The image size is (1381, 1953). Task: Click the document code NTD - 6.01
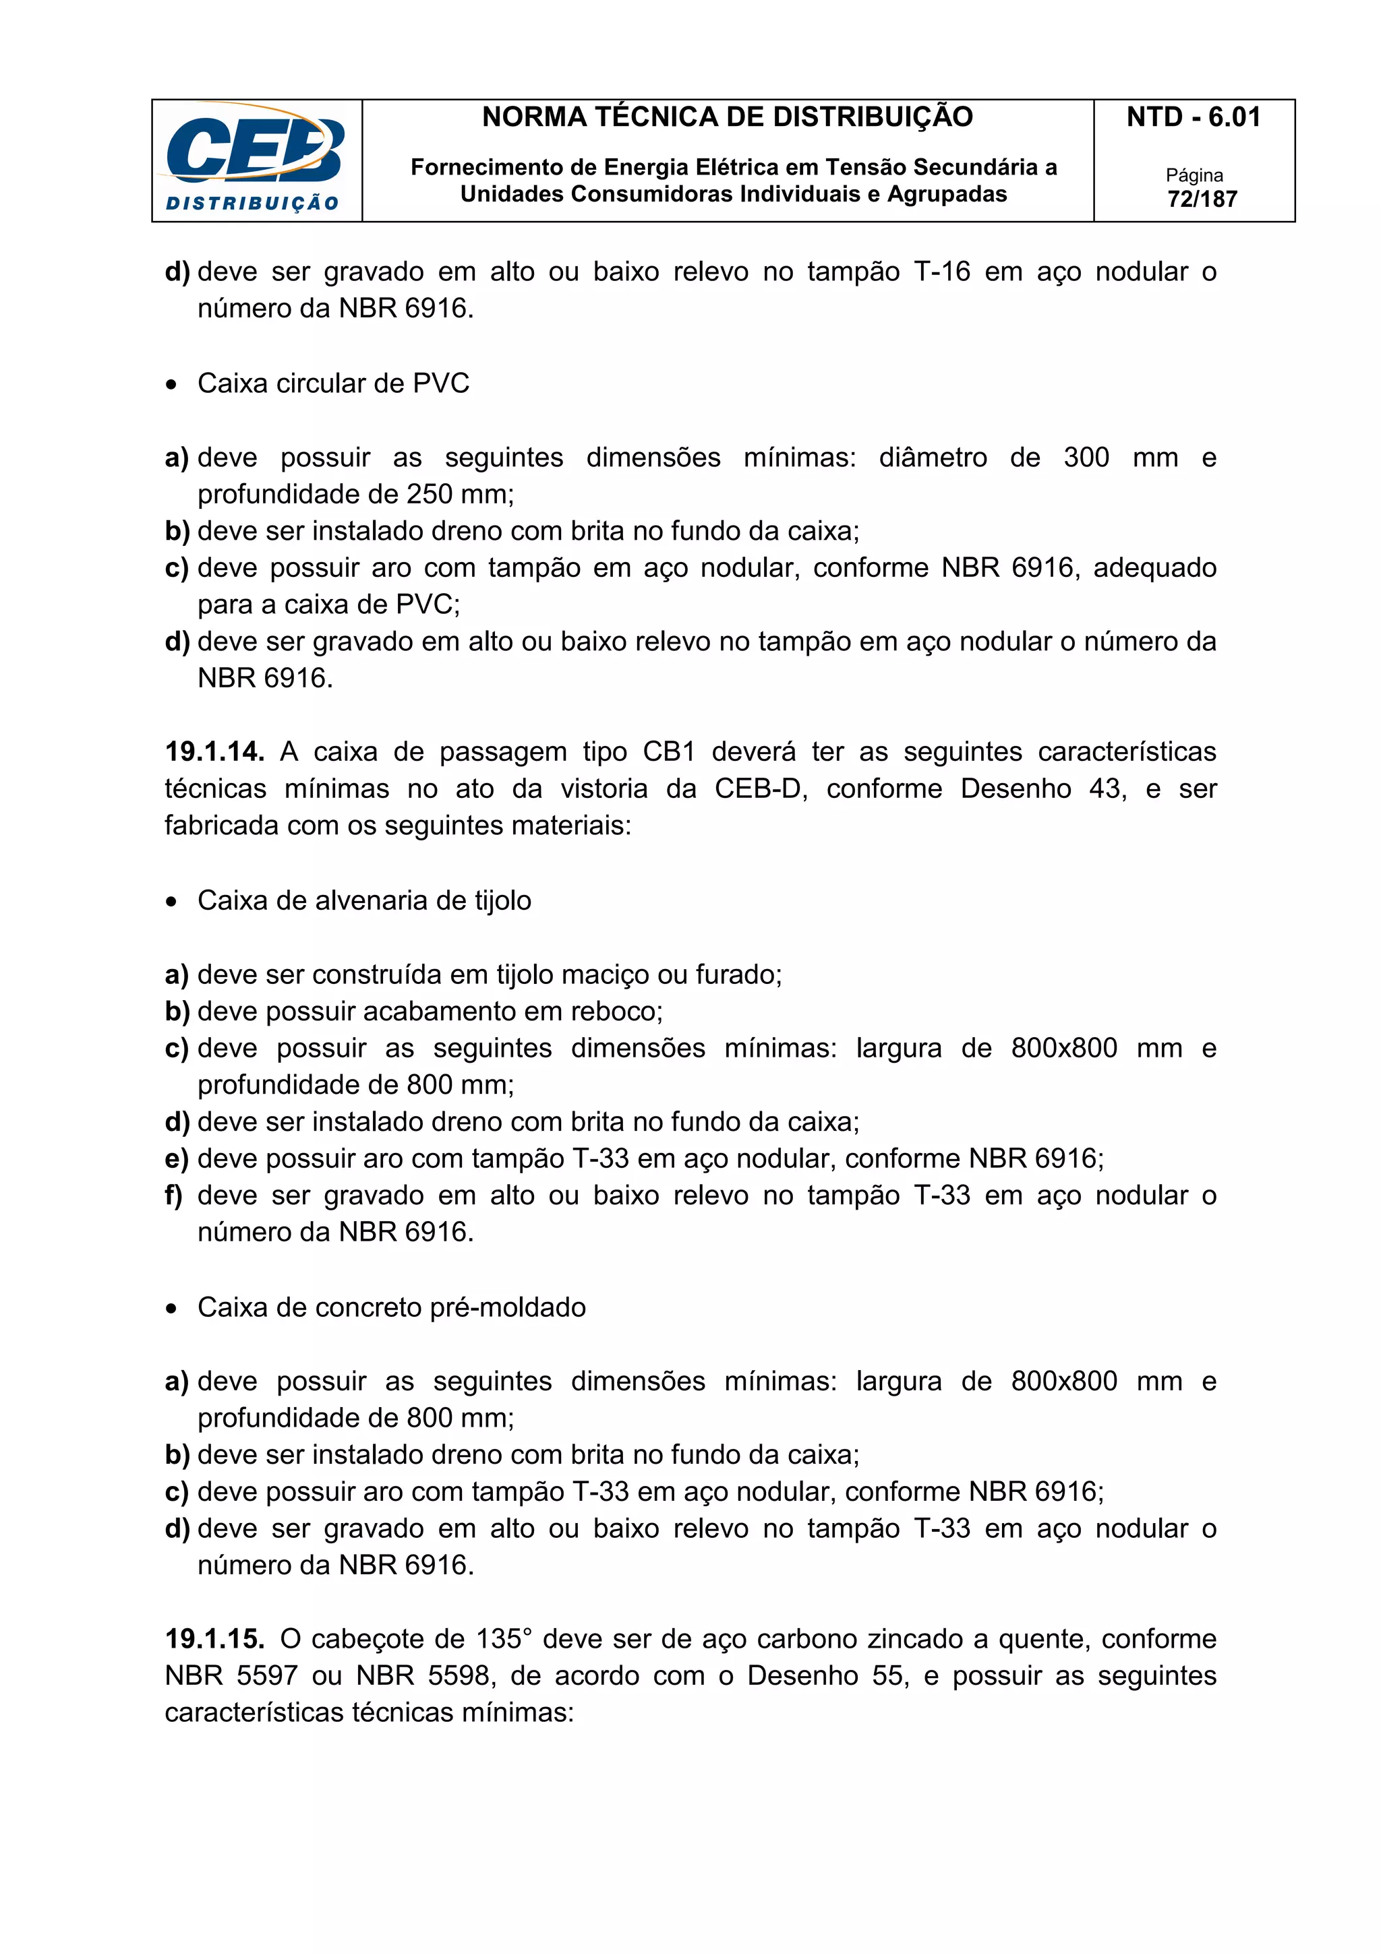(x=1193, y=117)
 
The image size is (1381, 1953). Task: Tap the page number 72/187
(x=1202, y=199)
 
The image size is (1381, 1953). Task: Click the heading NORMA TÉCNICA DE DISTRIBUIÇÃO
(x=727, y=117)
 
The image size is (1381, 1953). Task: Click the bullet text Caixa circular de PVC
(x=332, y=383)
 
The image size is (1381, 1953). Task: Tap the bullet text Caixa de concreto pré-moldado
(x=390, y=1307)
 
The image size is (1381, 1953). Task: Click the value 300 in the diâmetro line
(x=1086, y=457)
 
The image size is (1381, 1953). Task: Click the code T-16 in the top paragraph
(x=941, y=272)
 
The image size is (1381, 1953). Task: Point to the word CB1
(x=669, y=752)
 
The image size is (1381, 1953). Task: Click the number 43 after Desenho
(x=1105, y=788)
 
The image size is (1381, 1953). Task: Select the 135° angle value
(x=503, y=1638)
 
